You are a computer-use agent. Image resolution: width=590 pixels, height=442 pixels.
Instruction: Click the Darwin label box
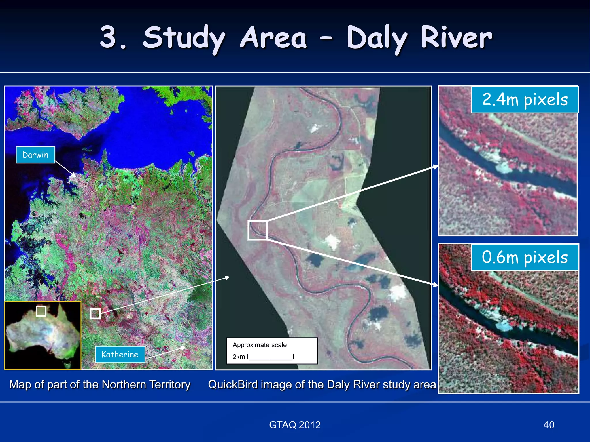(x=35, y=155)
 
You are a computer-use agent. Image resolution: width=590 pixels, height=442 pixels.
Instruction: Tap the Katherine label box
(x=120, y=354)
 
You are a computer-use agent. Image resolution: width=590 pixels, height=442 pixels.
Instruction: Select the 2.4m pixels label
(x=525, y=100)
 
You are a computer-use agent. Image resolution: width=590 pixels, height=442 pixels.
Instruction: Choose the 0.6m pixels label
(x=525, y=257)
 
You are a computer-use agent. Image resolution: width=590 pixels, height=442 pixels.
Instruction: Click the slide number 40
(x=549, y=425)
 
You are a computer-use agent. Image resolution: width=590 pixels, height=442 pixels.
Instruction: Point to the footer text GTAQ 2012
(x=295, y=425)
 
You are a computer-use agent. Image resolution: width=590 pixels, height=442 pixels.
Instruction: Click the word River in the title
(x=456, y=37)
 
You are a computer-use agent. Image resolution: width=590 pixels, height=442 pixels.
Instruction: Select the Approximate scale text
(x=260, y=345)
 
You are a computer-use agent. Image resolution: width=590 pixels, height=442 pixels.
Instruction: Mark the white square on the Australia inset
(x=41, y=311)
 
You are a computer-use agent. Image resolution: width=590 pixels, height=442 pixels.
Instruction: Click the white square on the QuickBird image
(x=258, y=230)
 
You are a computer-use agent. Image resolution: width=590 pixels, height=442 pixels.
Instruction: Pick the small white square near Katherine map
(x=95, y=314)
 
